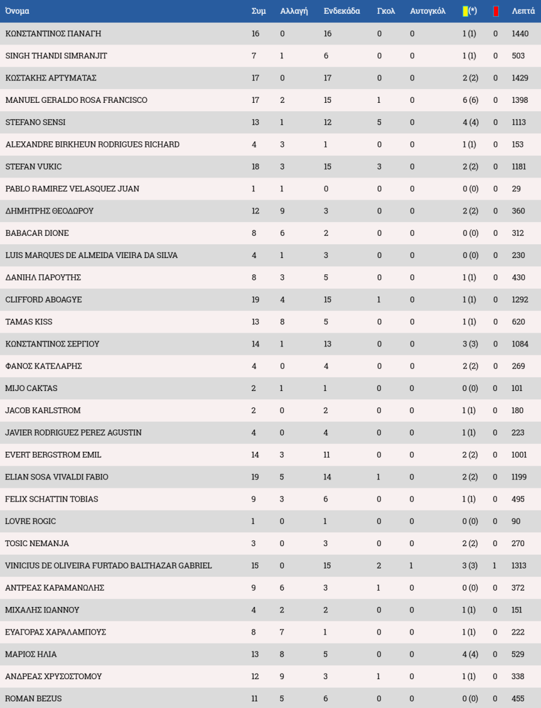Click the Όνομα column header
pyautogui.click(x=17, y=11)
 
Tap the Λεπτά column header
pyautogui.click(x=523, y=11)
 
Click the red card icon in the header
pyautogui.click(x=495, y=11)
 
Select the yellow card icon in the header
pyautogui.click(x=465, y=11)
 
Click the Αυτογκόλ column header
pyautogui.click(x=427, y=11)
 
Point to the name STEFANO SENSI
pyautogui.click(x=35, y=122)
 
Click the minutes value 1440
pyautogui.click(x=520, y=34)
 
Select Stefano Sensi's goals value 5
pyautogui.click(x=379, y=122)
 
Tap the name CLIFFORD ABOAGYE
pyautogui.click(x=43, y=300)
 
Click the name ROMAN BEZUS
pyautogui.click(x=33, y=698)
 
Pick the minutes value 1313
pyautogui.click(x=519, y=565)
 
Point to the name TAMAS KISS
pyautogui.click(x=29, y=322)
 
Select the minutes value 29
pyautogui.click(x=516, y=189)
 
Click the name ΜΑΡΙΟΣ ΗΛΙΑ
pyautogui.click(x=31, y=654)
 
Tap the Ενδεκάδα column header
pyautogui.click(x=341, y=11)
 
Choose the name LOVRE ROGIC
pyautogui.click(x=31, y=521)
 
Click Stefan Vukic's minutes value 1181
pyautogui.click(x=519, y=167)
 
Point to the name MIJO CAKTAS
pyautogui.click(x=31, y=388)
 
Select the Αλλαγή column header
pyautogui.click(x=294, y=11)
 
